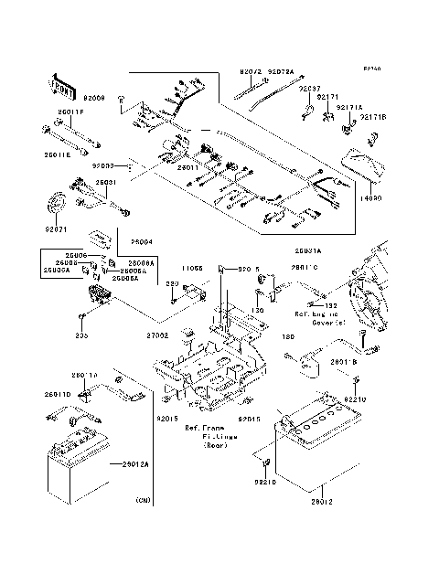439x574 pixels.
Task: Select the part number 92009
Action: click(95, 96)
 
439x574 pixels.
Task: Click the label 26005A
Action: click(53, 271)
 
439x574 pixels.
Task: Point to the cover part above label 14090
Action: click(365, 163)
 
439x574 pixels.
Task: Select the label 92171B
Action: click(373, 117)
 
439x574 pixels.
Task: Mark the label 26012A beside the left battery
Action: click(135, 464)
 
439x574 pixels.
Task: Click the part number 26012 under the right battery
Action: click(324, 501)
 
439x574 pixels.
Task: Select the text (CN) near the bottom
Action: click(143, 501)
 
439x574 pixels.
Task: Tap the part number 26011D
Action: click(57, 394)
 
